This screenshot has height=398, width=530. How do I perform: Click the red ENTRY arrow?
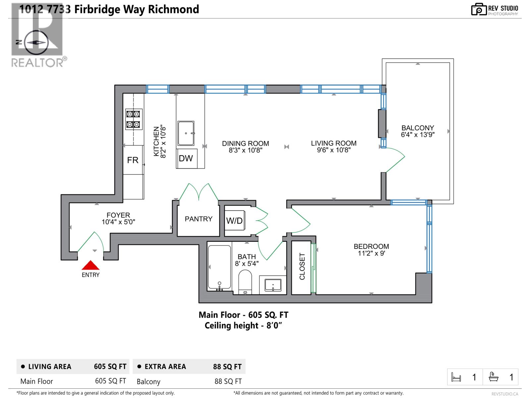[90, 265]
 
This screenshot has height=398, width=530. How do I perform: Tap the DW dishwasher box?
[186, 159]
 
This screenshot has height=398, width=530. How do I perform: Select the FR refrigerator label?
[132, 160]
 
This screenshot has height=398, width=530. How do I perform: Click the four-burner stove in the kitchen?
[133, 119]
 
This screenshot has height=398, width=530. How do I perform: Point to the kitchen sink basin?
[186, 133]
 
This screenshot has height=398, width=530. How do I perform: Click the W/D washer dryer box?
[235, 221]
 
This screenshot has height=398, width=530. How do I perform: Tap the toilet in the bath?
[245, 282]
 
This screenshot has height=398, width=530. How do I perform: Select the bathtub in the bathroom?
[219, 268]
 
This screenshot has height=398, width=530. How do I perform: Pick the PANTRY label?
[198, 219]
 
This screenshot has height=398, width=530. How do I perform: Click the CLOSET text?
[302, 266]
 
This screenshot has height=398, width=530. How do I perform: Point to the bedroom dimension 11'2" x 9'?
[371, 253]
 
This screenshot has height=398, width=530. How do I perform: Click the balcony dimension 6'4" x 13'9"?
[417, 135]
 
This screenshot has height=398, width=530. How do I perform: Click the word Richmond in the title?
[173, 9]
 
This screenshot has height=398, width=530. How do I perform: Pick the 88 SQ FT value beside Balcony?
[228, 381]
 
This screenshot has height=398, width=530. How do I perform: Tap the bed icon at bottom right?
[456, 377]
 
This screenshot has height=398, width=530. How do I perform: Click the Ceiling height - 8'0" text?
[243, 325]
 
